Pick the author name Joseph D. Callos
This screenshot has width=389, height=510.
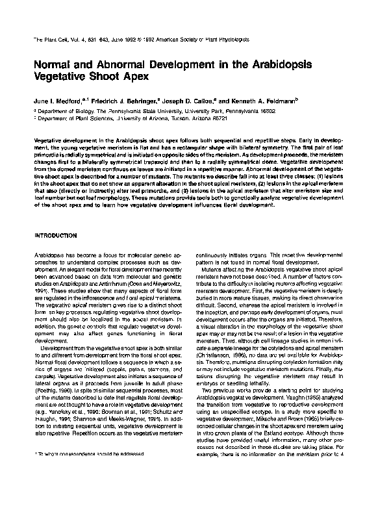tap(194, 102)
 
